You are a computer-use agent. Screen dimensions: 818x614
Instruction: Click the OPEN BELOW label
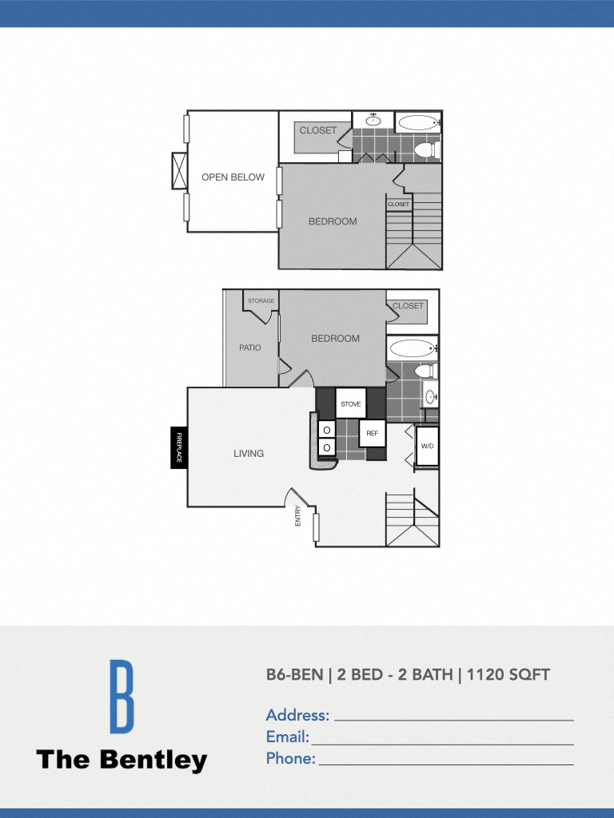[233, 177]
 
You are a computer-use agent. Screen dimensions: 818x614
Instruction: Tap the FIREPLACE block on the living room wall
[179, 448]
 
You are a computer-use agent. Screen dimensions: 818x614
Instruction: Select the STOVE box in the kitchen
[351, 403]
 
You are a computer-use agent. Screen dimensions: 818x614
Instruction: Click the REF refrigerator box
[373, 433]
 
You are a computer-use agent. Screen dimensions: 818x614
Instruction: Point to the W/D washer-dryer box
[427, 446]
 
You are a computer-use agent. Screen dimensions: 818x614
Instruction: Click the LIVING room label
[249, 454]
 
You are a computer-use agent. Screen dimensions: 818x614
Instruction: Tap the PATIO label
[250, 347]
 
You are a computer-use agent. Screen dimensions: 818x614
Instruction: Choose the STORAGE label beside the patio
[261, 301]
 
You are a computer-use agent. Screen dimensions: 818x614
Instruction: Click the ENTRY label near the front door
[298, 515]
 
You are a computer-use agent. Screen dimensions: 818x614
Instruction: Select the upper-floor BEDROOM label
[333, 221]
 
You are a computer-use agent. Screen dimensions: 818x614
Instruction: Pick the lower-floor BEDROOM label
[335, 339]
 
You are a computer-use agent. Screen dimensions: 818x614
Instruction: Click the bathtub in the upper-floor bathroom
[417, 123]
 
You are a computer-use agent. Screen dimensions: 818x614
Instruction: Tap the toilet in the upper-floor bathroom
[425, 149]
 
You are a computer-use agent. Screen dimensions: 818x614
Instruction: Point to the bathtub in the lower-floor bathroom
[411, 348]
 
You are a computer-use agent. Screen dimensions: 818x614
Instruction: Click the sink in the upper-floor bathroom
[373, 121]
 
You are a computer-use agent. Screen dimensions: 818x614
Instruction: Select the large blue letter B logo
[122, 697]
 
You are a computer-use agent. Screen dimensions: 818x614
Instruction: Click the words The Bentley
[122, 760]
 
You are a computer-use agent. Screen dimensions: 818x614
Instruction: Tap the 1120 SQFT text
[508, 675]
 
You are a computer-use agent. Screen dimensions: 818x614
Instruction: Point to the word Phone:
[290, 759]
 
